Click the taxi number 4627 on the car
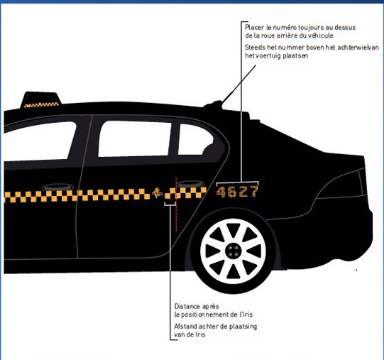pyautogui.click(x=237, y=192)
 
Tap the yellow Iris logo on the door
pyautogui.click(x=157, y=193)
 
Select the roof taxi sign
pyautogui.click(x=41, y=99)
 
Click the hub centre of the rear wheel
pyautogui.click(x=233, y=251)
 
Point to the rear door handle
pyautogui.click(x=190, y=184)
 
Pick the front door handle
pyautogui.click(x=57, y=187)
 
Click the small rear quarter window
pyautogui.click(x=195, y=140)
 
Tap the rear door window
pyautogui.click(x=135, y=138)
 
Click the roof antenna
pyautogui.click(x=238, y=84)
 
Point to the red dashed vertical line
pyautogui.click(x=176, y=204)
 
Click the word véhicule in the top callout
pyautogui.click(x=321, y=36)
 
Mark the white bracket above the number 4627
pyautogui.click(x=237, y=182)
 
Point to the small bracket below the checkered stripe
pyautogui.click(x=170, y=204)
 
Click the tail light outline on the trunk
pyautogui.click(x=341, y=183)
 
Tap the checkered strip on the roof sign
pyautogui.click(x=41, y=105)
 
